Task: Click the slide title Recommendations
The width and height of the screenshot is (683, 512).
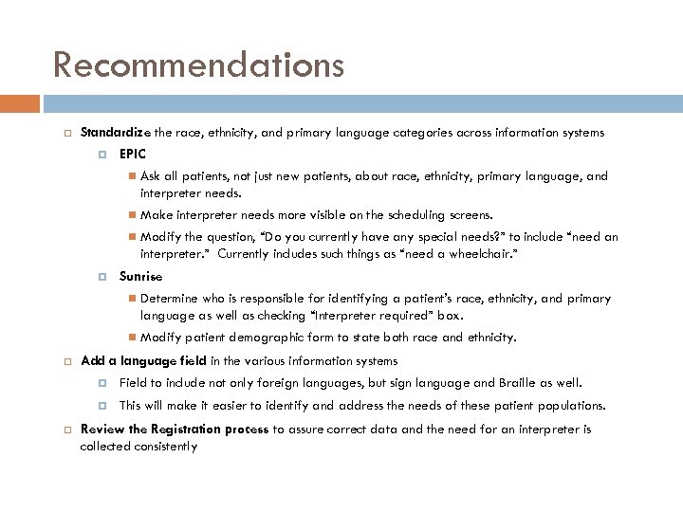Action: click(198, 64)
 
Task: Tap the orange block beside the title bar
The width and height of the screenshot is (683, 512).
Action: click(20, 103)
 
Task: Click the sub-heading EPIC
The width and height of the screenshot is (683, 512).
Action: click(133, 153)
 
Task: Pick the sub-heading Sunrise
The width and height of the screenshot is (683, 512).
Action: click(140, 276)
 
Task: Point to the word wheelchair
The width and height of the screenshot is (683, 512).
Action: click(483, 254)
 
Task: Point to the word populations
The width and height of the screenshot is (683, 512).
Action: click(571, 405)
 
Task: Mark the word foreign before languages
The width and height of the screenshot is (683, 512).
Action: click(279, 383)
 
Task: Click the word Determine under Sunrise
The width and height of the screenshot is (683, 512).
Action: click(169, 298)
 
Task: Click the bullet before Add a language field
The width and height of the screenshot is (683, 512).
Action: click(66, 361)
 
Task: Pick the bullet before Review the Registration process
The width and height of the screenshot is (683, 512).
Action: click(66, 430)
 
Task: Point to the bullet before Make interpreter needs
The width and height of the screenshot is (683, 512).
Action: click(132, 216)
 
